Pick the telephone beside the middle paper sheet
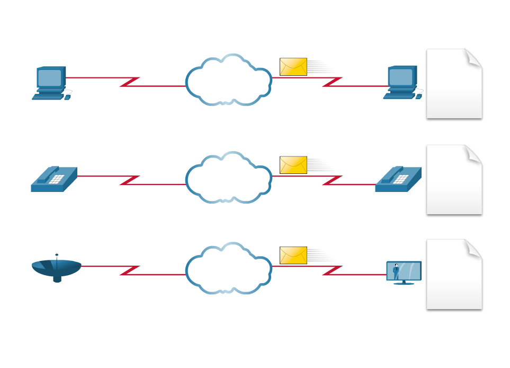click(x=398, y=179)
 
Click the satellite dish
click(x=57, y=268)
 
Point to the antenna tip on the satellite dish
click(x=57, y=255)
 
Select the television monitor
click(x=404, y=272)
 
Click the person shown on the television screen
click(x=396, y=271)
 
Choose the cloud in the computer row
click(x=228, y=80)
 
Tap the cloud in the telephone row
click(x=228, y=178)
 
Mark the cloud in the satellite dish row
click(x=228, y=268)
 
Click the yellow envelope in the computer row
click(x=293, y=67)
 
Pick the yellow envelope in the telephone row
click(x=293, y=165)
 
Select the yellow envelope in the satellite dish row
click(x=293, y=255)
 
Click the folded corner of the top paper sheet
click(x=472, y=57)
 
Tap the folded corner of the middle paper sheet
click(x=472, y=153)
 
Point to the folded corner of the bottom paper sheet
click(x=472, y=248)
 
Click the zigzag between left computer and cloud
click(x=130, y=82)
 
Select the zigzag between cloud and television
click(x=332, y=270)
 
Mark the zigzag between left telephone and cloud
click(x=130, y=180)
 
